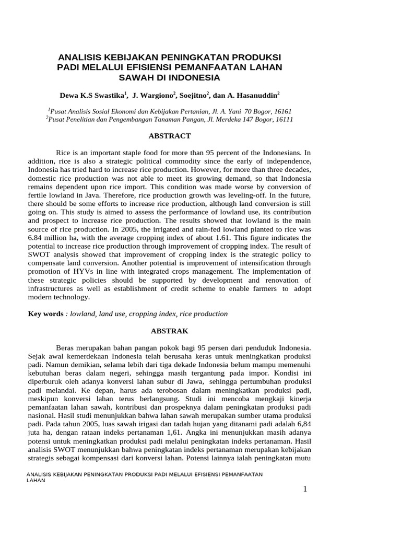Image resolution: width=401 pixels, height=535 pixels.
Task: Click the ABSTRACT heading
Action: point(170,136)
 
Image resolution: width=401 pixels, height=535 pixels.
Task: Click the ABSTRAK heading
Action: point(170,331)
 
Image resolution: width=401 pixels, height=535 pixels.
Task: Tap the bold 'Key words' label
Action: point(45,314)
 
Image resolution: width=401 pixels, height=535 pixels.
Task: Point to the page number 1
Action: point(305,489)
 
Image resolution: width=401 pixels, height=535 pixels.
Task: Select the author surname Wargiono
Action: point(159,96)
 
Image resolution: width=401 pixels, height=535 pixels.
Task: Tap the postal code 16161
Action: point(282,111)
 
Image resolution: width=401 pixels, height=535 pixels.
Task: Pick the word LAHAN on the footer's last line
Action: point(36,480)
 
